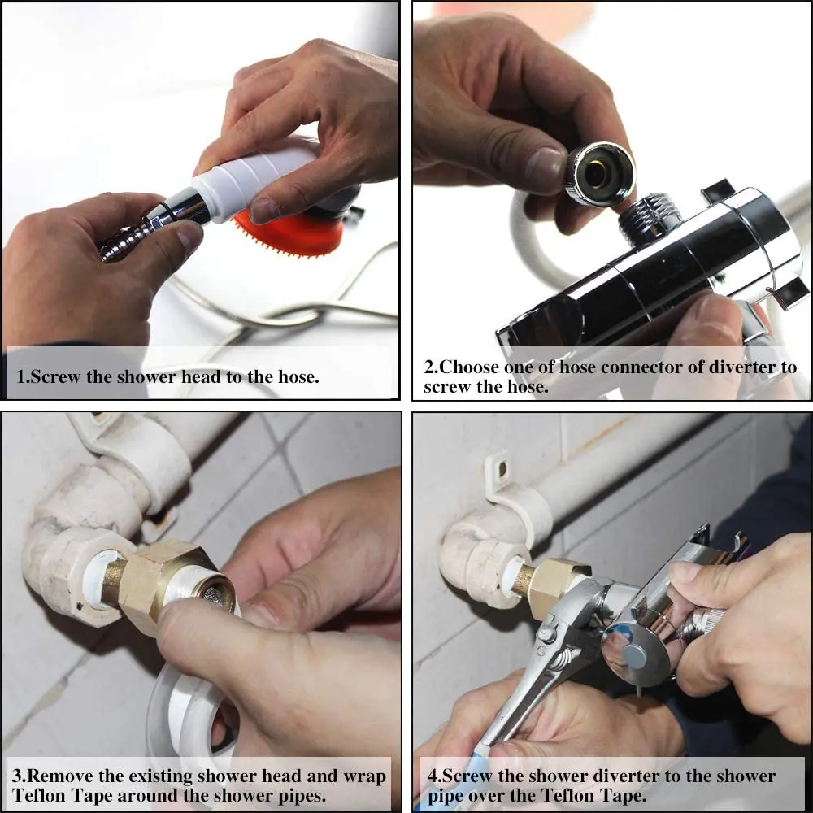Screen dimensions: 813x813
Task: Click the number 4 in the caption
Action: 433,776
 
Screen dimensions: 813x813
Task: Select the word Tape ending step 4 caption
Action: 622,795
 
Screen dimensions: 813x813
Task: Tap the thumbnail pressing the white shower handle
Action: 263,210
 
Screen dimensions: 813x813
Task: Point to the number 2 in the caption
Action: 429,367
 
